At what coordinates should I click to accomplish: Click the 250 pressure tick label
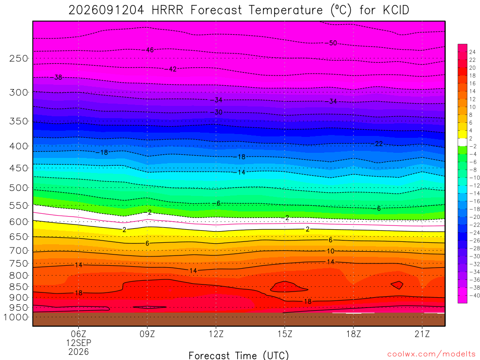pos(18,58)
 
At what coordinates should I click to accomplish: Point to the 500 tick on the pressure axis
pos(18,187)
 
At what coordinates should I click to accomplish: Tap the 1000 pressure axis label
pos(16,317)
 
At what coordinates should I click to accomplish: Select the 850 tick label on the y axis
pos(18,287)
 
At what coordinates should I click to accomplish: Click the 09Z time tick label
pos(147,334)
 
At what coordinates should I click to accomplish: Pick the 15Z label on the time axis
pos(285,334)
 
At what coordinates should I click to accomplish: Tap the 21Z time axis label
pos(422,334)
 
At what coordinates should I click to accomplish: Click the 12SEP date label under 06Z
pos(79,343)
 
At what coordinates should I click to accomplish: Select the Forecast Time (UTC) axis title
pos(239,355)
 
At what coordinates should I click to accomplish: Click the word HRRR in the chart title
pos(167,10)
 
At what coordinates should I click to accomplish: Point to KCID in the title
pos(396,10)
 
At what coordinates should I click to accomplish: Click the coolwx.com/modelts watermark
pos(431,354)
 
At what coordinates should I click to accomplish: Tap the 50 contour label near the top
pos(333,43)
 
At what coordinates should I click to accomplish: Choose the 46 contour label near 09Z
pos(150,50)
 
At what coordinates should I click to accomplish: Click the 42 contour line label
pos(172,69)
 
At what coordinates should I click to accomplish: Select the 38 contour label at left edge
pos(58,77)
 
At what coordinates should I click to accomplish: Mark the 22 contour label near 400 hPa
pos(379,143)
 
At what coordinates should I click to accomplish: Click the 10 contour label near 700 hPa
pos(330,251)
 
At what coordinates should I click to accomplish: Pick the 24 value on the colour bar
pos(472,52)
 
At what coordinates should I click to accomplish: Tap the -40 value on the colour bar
pos(474,295)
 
